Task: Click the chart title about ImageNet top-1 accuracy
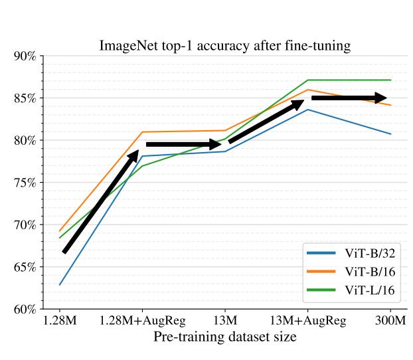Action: click(x=225, y=46)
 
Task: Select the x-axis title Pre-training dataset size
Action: click(x=225, y=337)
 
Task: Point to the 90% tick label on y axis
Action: click(x=25, y=56)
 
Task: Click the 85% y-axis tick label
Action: click(x=25, y=98)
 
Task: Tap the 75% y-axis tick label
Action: click(x=25, y=183)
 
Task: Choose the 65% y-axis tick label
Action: click(x=25, y=267)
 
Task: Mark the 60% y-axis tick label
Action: click(x=25, y=310)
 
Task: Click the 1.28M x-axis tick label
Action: click(x=60, y=321)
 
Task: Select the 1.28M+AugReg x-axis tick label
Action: click(x=142, y=321)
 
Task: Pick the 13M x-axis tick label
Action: click(x=225, y=321)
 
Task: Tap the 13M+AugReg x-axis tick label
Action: click(x=307, y=321)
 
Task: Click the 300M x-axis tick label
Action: click(x=390, y=321)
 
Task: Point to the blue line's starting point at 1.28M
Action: click(x=60, y=285)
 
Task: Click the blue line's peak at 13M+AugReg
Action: click(x=307, y=109)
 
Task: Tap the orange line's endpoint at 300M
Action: click(x=390, y=105)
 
